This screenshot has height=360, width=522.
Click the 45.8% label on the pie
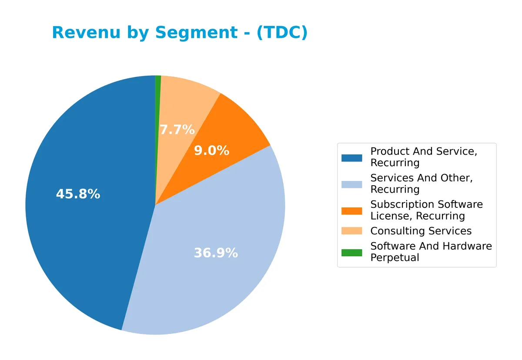pos(78,194)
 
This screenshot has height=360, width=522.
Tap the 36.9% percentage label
pos(216,253)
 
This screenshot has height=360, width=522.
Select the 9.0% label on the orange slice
pos(211,151)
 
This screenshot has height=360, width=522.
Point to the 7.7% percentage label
pos(177,130)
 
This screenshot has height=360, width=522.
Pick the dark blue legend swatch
pos(351,157)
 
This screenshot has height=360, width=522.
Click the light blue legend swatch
pos(351,184)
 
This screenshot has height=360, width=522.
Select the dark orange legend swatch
pos(351,210)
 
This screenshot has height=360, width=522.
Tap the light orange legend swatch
pos(351,231)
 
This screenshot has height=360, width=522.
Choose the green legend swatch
pos(351,252)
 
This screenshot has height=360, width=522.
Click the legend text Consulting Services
pos(421,231)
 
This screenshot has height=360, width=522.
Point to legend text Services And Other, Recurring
pos(421,183)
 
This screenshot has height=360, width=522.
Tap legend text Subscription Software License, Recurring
pos(426,210)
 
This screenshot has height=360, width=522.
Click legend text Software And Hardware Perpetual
pos(431,252)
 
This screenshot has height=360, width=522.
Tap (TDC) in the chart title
pos(282,33)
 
